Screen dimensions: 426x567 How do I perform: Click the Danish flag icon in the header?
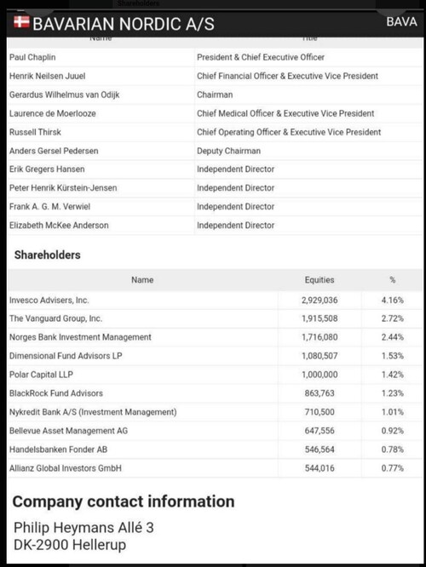click(19, 21)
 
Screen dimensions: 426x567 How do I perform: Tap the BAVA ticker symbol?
click(401, 22)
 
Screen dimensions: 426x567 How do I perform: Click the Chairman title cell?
click(215, 94)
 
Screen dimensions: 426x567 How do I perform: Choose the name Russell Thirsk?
click(36, 132)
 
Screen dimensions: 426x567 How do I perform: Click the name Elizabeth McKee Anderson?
click(59, 226)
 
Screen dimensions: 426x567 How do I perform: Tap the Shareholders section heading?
click(48, 255)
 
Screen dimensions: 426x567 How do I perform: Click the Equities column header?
click(319, 280)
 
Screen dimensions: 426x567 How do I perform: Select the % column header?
click(392, 280)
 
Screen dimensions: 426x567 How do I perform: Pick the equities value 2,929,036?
click(319, 301)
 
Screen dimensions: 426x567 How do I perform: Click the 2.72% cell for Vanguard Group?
click(392, 318)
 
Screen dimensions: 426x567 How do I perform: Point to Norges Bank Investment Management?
click(80, 337)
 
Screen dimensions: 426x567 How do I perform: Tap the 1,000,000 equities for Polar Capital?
click(319, 375)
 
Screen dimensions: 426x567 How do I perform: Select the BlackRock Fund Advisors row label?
click(55, 393)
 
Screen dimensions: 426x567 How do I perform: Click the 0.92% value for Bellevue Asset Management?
click(392, 431)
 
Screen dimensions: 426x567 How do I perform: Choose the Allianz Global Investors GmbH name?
click(66, 468)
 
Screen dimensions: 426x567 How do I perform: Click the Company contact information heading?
click(124, 501)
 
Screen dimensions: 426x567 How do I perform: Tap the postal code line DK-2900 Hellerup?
click(69, 545)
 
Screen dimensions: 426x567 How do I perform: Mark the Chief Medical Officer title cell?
click(285, 113)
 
